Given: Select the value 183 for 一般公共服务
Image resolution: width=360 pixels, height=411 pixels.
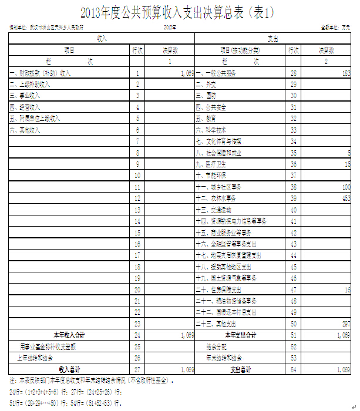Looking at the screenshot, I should coord(344,73).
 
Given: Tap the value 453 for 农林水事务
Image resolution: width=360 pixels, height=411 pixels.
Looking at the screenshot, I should coord(344,198).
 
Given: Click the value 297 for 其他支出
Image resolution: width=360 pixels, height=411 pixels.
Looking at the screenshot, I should coord(344,324).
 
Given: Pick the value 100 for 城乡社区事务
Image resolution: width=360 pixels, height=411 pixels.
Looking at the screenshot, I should coord(344,187).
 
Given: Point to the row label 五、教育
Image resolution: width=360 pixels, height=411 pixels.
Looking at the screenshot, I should coord(206,118).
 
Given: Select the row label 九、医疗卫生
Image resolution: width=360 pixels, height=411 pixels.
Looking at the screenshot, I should coord(212,164).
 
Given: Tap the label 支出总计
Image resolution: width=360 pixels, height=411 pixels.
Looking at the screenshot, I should coord(241,369).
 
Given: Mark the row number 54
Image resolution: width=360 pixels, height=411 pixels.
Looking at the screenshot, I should coord(292,369).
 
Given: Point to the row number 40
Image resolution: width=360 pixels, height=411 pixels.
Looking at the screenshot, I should coord(292,210).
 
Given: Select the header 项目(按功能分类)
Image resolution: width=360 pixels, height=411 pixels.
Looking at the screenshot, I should coord(241,50).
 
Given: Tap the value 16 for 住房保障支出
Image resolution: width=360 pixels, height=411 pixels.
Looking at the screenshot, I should coord(346,289).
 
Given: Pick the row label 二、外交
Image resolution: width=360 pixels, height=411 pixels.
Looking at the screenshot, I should coord(206,84).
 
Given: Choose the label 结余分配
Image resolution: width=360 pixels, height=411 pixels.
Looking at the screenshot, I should coord(217,346).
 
